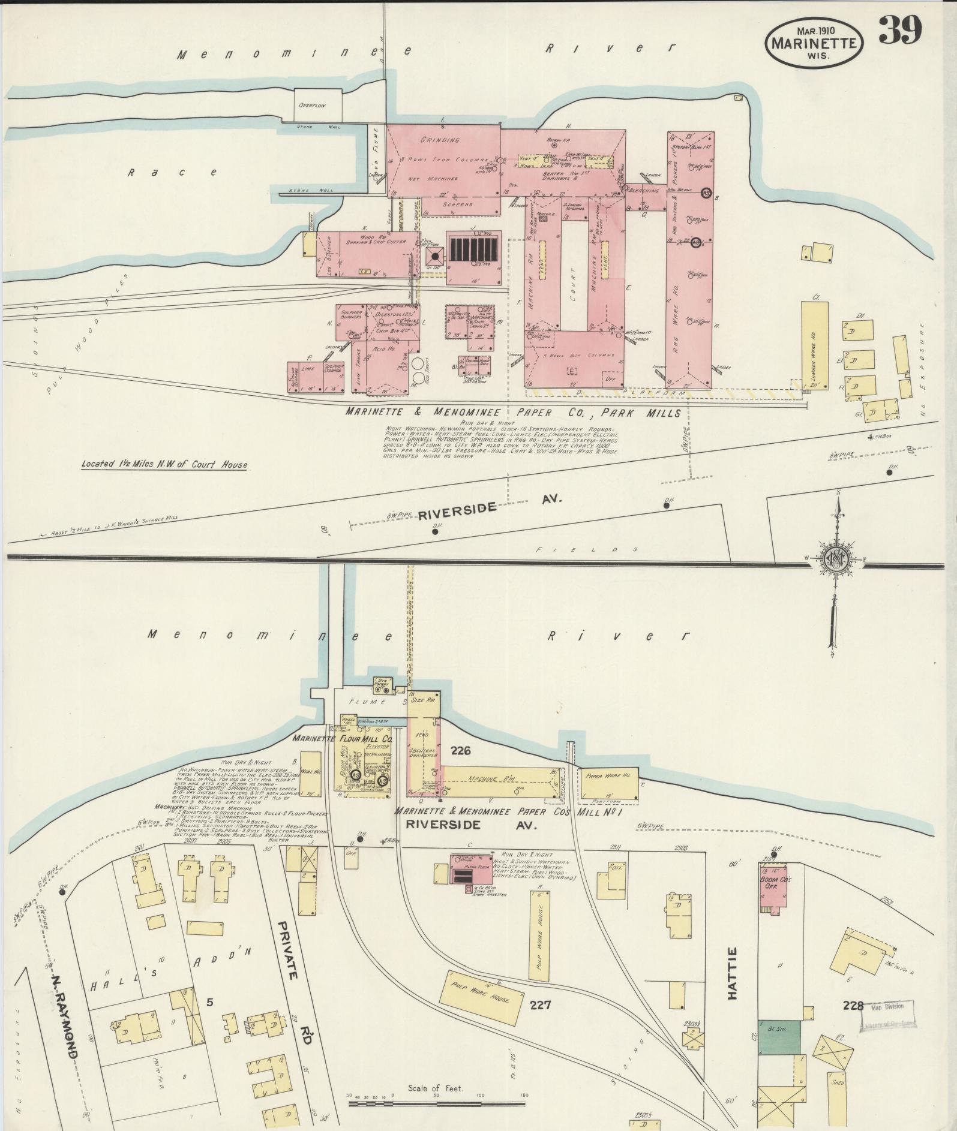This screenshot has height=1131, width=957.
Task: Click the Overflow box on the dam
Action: [317, 106]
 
